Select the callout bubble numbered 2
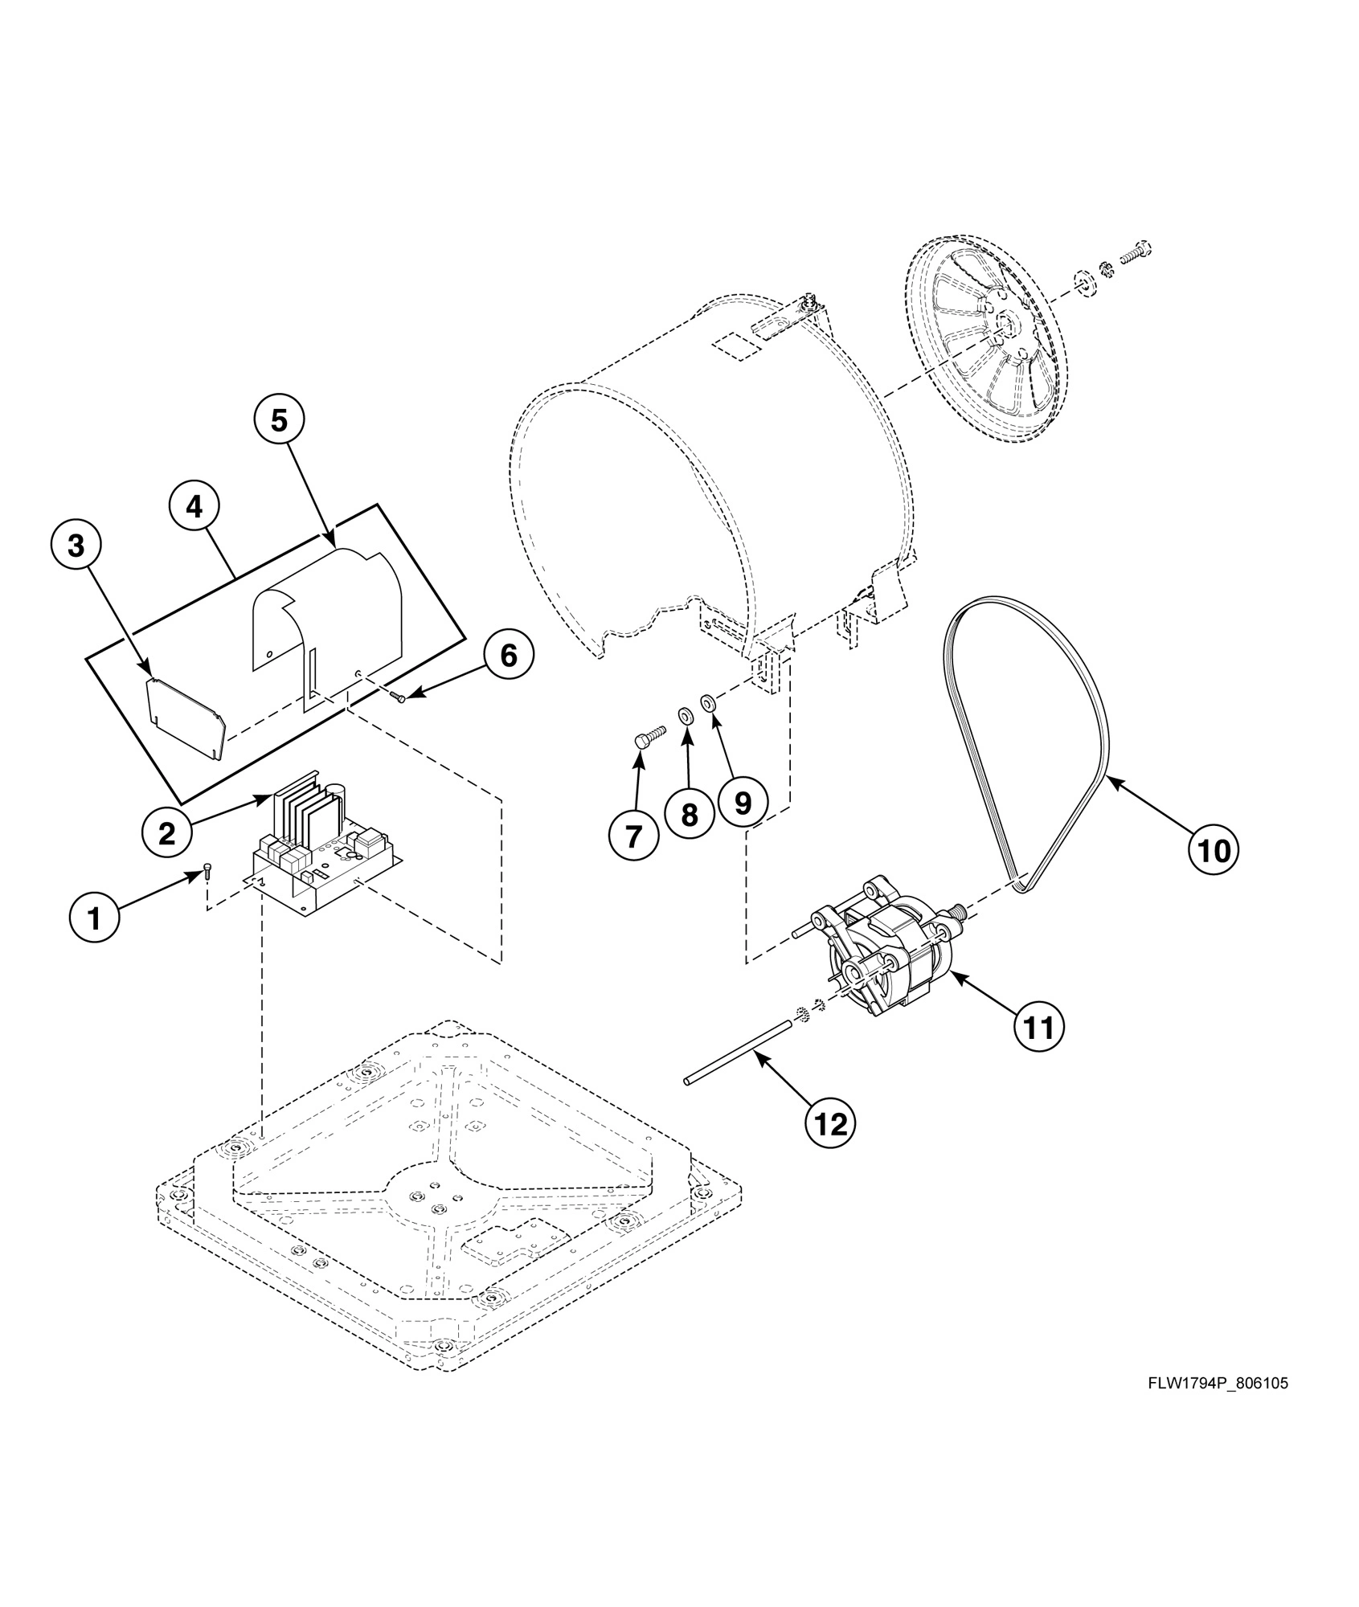coord(166,833)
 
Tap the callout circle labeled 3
coord(75,546)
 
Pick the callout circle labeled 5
coord(278,419)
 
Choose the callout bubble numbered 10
coord(1214,850)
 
